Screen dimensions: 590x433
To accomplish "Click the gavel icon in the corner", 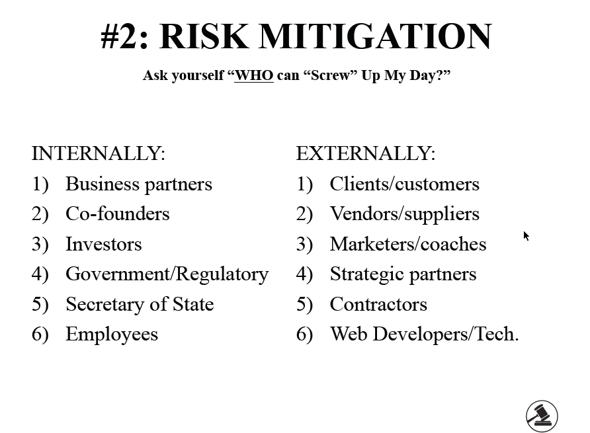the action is coord(542,416).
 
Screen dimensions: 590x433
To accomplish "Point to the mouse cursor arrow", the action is coord(526,236).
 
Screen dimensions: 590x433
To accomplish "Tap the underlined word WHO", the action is coord(254,75).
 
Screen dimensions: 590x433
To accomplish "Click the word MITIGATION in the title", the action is coord(375,36).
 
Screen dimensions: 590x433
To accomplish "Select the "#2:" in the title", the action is coord(124,36).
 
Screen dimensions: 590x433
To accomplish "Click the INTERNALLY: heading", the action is coord(98,153).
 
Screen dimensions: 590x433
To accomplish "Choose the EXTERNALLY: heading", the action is coord(365,153).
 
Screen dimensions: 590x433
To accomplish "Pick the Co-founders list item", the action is coord(117,214).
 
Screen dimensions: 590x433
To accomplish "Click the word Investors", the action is coord(104,244).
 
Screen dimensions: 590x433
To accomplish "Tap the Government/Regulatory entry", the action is coord(167,274).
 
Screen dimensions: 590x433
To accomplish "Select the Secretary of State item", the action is coord(140,304).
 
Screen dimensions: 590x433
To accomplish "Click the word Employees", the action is coord(112,335).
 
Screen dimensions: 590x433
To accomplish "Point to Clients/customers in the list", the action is coord(405,184).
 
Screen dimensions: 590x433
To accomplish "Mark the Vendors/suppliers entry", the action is coord(405,214).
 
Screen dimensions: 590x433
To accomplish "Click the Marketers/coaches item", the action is coord(408,244).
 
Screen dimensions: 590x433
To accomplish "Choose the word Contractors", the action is coord(378,304).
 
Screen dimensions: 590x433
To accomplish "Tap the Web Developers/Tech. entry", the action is coord(425,335).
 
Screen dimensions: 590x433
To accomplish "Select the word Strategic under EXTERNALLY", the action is coord(367,274).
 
